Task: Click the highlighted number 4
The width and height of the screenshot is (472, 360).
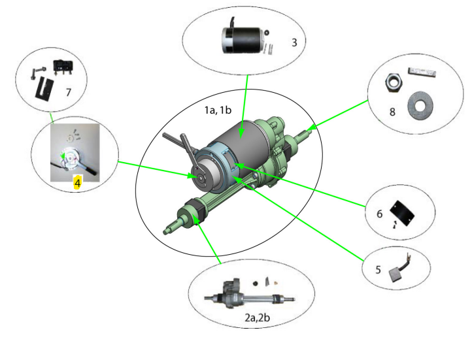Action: pyautogui.click(x=78, y=182)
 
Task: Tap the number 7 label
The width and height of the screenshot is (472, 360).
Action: pyautogui.click(x=69, y=92)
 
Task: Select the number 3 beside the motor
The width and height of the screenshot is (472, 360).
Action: pyautogui.click(x=294, y=42)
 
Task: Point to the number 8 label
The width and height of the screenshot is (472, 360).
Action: pyautogui.click(x=392, y=112)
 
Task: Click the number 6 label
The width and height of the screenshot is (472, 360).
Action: pyautogui.click(x=380, y=214)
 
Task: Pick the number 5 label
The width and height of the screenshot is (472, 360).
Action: pyautogui.click(x=379, y=269)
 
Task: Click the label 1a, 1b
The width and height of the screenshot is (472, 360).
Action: pyautogui.click(x=218, y=110)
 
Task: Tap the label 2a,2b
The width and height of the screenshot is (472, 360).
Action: pyautogui.click(x=258, y=318)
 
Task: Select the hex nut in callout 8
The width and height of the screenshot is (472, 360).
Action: pyautogui.click(x=394, y=82)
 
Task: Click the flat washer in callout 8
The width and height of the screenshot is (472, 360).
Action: pyautogui.click(x=420, y=106)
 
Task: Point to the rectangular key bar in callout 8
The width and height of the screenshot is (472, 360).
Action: pyautogui.click(x=422, y=72)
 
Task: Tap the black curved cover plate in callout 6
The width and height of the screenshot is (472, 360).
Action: pyautogui.click(x=402, y=213)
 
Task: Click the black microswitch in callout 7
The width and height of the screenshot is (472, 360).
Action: pyautogui.click(x=63, y=66)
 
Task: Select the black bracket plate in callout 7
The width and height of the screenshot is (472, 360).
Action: pyautogui.click(x=44, y=88)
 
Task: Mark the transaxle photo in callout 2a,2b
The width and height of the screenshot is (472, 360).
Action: pyautogui.click(x=249, y=297)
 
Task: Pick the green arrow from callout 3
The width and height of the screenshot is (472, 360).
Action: pyautogui.click(x=244, y=106)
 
